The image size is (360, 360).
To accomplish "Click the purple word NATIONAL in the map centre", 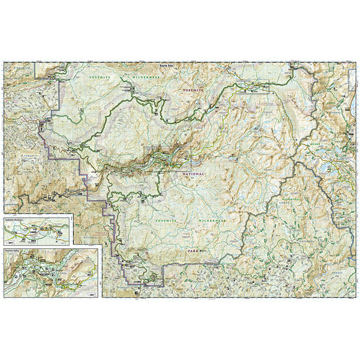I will click(x=191, y=173).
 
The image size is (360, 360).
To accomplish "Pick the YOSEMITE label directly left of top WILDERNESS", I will click(x=98, y=78).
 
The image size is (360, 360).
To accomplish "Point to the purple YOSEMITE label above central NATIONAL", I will click(x=194, y=90).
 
